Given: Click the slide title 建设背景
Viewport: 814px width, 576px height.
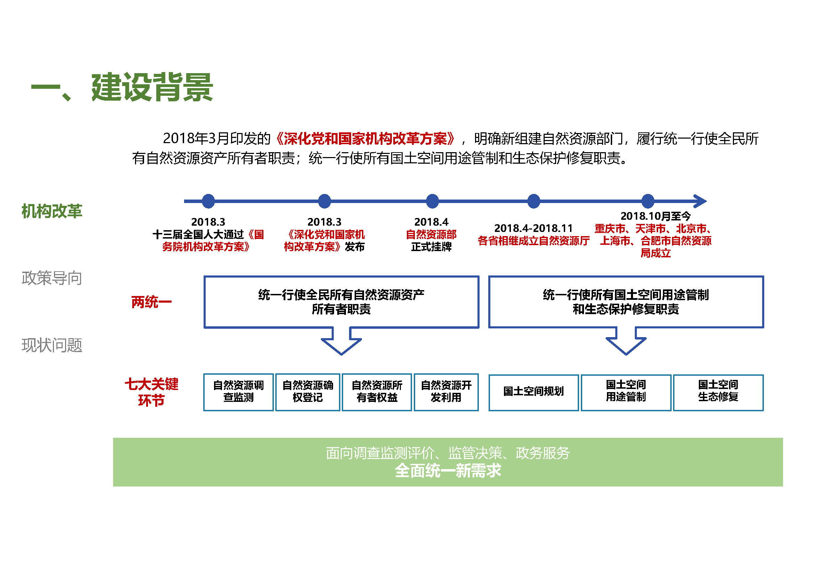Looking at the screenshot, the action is pyautogui.click(x=152, y=88).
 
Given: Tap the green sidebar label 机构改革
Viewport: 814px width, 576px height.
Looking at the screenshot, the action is pyautogui.click(x=52, y=211).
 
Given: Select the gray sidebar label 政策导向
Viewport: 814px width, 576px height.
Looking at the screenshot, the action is pyautogui.click(x=52, y=278).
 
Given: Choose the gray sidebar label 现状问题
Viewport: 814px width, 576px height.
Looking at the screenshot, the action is pyautogui.click(x=52, y=345).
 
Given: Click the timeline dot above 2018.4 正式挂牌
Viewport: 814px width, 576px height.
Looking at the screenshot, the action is pyautogui.click(x=432, y=201).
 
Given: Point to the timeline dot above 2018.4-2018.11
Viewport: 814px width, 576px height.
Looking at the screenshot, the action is pyautogui.click(x=534, y=201).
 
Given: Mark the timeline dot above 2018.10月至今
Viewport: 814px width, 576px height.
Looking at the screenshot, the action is pyautogui.click(x=648, y=201).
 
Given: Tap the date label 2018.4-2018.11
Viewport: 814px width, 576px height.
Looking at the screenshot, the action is pyautogui.click(x=534, y=228).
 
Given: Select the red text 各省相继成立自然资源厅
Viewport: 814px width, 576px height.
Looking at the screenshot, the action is pyautogui.click(x=534, y=241).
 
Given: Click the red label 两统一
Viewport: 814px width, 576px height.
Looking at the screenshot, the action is pyautogui.click(x=151, y=302).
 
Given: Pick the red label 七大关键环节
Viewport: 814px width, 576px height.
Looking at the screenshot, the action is pyautogui.click(x=151, y=392).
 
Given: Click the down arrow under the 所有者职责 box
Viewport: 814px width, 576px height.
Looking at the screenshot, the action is pyautogui.click(x=341, y=341).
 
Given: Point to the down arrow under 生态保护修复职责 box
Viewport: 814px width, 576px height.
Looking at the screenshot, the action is pyautogui.click(x=626, y=341).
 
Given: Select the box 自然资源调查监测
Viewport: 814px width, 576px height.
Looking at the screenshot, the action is pyautogui.click(x=239, y=392).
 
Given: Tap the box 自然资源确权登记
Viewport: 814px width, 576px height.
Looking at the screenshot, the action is pyautogui.click(x=308, y=392).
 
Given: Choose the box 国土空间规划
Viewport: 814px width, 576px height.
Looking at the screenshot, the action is pyautogui.click(x=534, y=392).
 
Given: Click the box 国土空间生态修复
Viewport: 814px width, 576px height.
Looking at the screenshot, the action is pyautogui.click(x=718, y=392).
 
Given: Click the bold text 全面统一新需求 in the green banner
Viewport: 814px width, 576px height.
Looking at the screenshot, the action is pyautogui.click(x=448, y=471).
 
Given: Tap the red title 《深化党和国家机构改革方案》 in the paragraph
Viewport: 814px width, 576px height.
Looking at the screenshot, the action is pyautogui.click(x=365, y=139).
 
